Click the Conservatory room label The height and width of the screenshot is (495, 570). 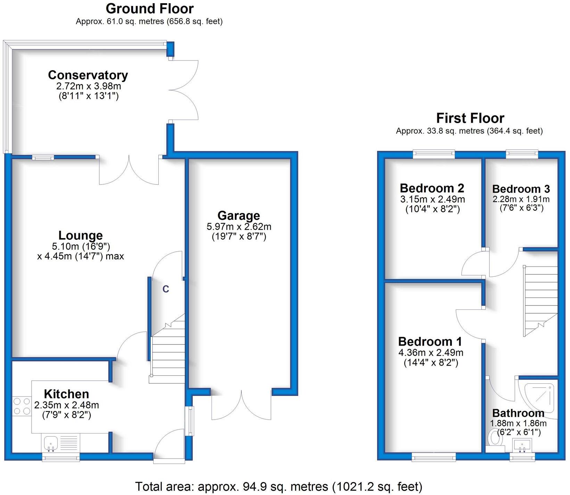tap(88, 75)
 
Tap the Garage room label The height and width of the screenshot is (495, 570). tap(239, 216)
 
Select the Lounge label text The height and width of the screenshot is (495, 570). tap(81, 235)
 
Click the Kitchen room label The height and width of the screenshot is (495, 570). tap(66, 394)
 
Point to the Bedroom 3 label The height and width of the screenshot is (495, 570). tap(521, 189)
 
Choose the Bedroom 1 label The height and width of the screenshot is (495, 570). tap(430, 341)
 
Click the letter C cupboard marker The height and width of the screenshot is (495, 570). tap(166, 289)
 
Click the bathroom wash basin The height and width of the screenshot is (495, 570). tap(522, 445)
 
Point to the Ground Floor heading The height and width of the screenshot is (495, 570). tap(149, 9)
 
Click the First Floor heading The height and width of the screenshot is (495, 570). tap(470, 118)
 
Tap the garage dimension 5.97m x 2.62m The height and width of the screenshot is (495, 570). tap(239, 227)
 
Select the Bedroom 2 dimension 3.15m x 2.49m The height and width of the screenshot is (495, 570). tap(432, 199)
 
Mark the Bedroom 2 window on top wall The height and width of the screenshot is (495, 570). tap(433, 154)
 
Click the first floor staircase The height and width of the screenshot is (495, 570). tap(540, 299)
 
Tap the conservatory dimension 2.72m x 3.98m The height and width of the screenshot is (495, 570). tap(89, 86)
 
